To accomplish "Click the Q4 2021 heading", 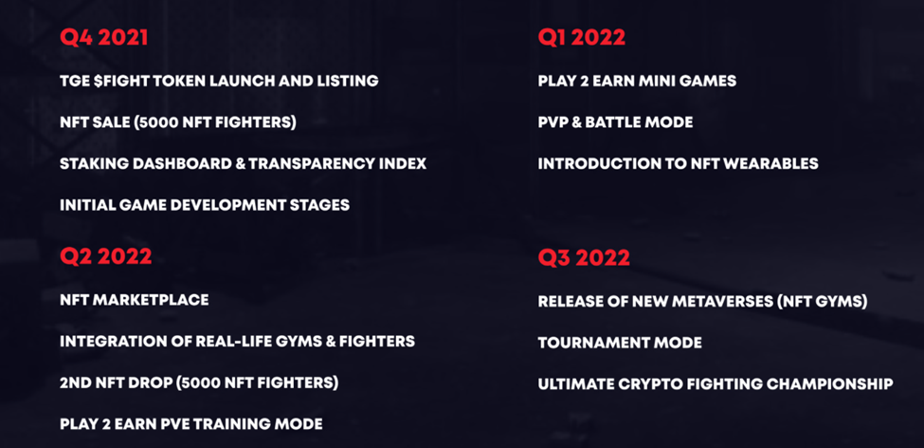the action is (103, 38).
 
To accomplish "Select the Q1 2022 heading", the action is (582, 38).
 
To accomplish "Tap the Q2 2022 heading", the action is (106, 257).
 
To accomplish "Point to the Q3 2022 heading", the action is (584, 258).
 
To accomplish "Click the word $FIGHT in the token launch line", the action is (124, 81).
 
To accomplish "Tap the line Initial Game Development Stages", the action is (205, 205).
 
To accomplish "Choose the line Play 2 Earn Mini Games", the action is (637, 81).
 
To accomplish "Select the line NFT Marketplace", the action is (135, 300).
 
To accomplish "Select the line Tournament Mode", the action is (620, 343).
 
